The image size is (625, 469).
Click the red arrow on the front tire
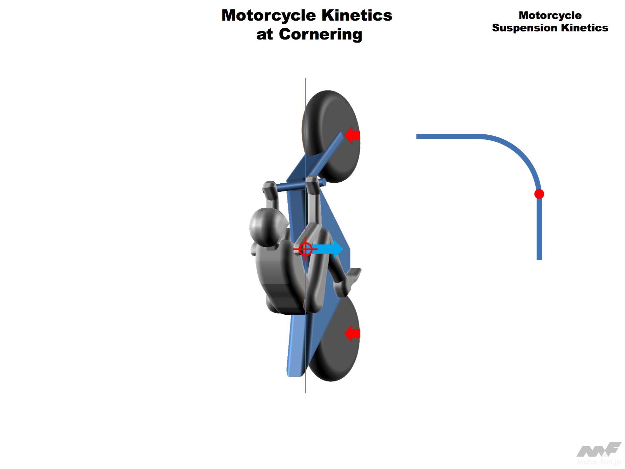(x=353, y=135)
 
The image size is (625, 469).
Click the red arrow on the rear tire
(x=353, y=334)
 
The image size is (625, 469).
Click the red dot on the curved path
(x=539, y=194)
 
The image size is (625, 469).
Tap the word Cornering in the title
(x=320, y=34)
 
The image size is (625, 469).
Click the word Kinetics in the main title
(x=357, y=16)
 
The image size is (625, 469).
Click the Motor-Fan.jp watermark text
(x=599, y=462)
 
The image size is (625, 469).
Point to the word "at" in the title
(x=265, y=34)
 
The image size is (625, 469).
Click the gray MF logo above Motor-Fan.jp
(x=599, y=450)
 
